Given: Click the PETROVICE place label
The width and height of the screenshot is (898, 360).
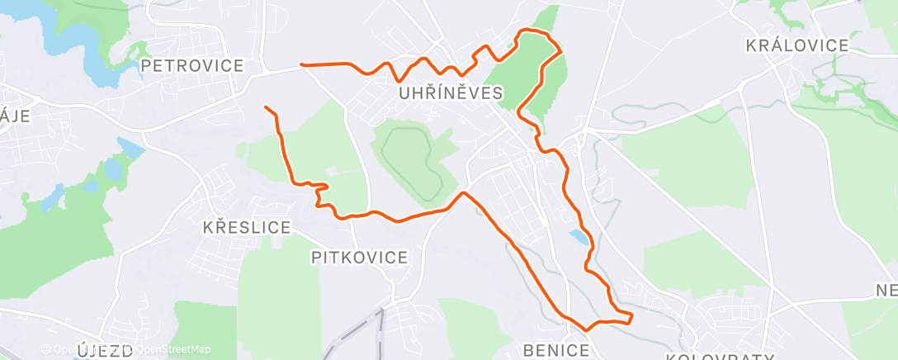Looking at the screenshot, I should coord(192,65).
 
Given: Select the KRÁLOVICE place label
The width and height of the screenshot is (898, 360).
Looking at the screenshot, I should coord(796,45).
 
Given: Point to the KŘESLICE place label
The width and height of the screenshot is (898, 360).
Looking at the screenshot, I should coord(247,227).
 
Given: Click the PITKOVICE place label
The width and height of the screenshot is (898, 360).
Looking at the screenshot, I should coord(359,258).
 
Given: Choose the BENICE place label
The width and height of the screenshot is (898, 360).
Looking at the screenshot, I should coord(556,350).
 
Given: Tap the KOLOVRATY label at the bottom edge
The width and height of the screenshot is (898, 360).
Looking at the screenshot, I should coord(720,356).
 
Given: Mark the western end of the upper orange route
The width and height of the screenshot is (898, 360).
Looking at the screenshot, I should coord(302,64).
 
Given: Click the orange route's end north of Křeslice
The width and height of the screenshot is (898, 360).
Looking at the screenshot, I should coord(266,107).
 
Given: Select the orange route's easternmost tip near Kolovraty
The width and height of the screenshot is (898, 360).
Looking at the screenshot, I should coord(631,315).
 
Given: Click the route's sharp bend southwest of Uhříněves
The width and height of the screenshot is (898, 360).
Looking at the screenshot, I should coord(464,193).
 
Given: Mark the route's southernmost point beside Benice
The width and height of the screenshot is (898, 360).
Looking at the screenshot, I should coord(586,329).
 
